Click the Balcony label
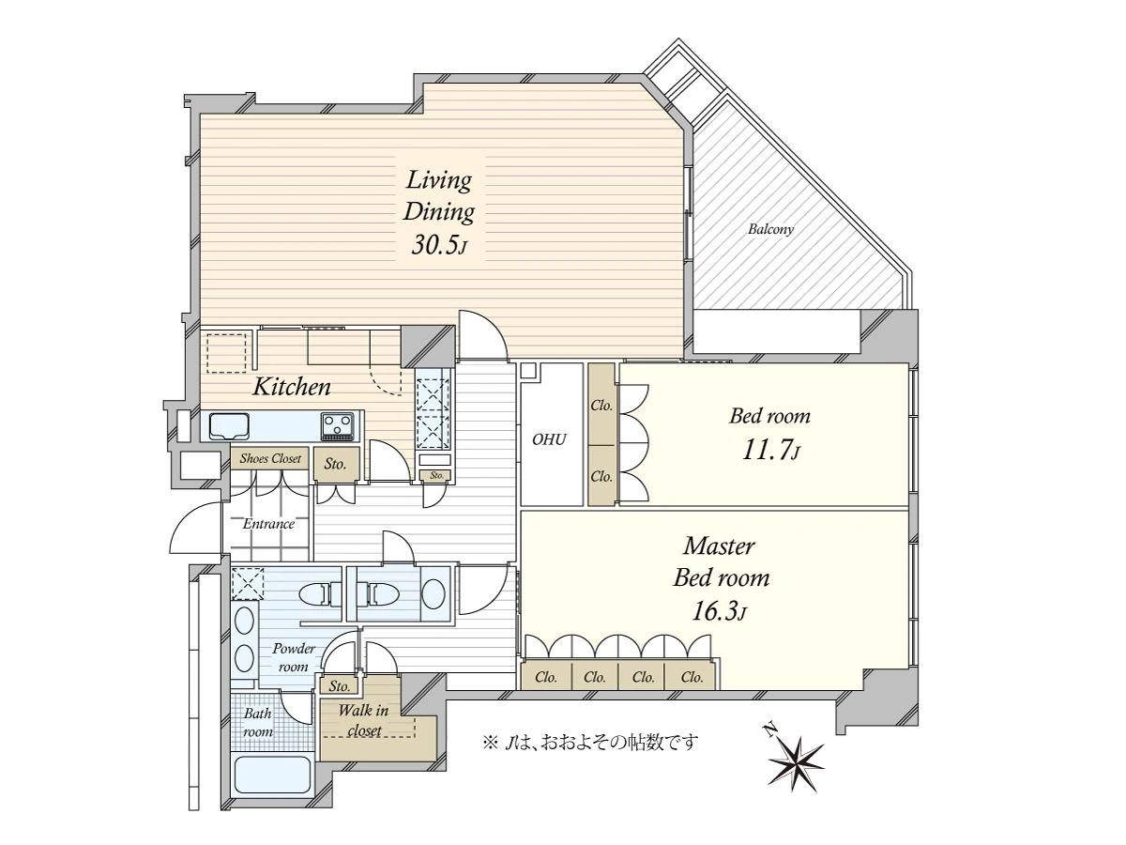770,229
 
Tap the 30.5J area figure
439,246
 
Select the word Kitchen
292,387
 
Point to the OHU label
549,439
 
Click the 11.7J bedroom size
771,451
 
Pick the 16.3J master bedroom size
719,611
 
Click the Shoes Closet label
270,458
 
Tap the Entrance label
268,524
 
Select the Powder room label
294,657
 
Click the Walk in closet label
364,720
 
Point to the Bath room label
257,722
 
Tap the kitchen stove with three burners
337,426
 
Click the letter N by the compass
768,730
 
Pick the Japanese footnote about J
591,742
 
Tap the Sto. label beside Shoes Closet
335,465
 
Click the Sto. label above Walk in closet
339,686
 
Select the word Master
719,545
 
